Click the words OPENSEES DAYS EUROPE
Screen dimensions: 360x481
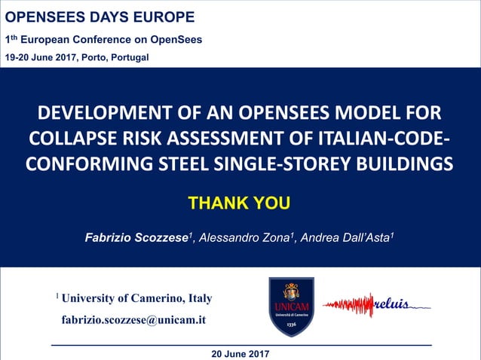100,17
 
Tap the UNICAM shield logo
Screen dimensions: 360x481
291,306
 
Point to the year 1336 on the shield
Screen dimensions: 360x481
291,324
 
